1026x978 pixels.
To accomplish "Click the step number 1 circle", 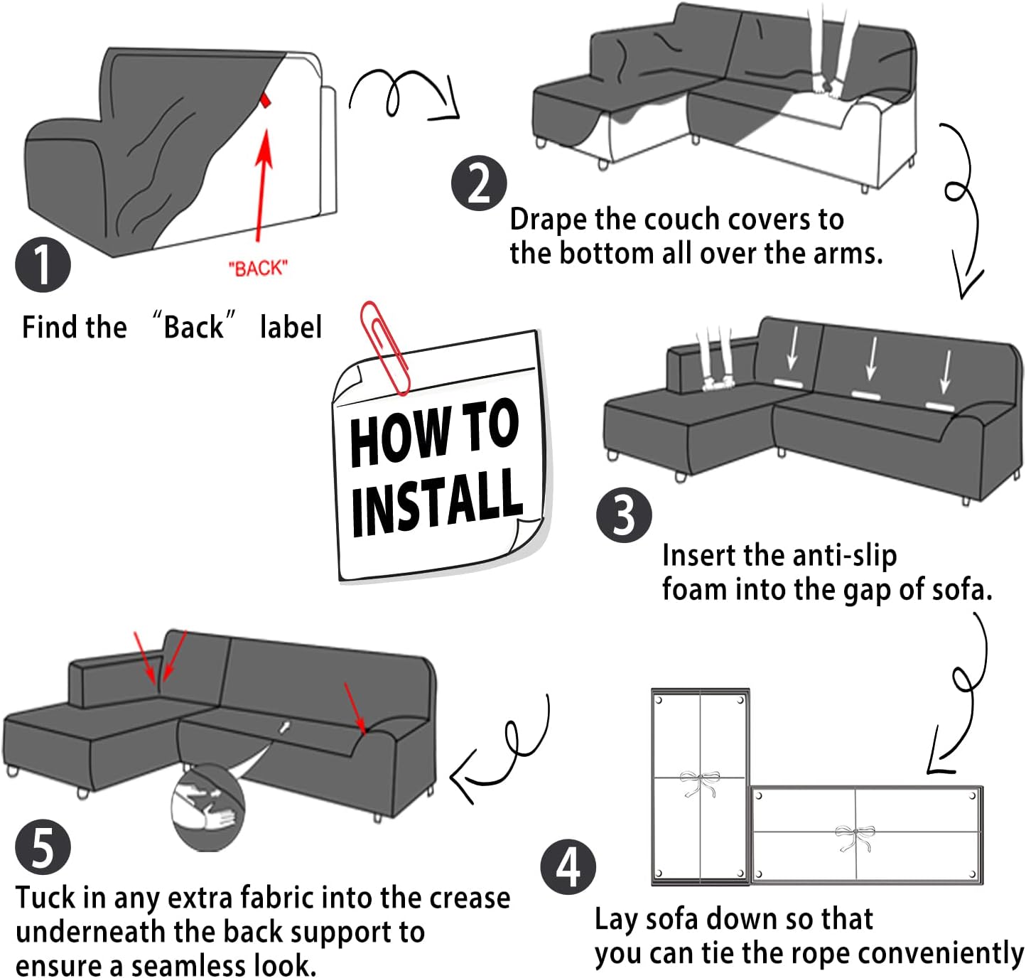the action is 43,264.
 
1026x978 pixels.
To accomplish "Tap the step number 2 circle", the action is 479,183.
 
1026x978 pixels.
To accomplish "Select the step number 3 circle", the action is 623,515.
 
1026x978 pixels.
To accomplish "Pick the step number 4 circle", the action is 568,867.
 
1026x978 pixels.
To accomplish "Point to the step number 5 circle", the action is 43,847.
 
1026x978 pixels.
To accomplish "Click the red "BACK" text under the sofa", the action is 258,269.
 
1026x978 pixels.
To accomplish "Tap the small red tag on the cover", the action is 266,100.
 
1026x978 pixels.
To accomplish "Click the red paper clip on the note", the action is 384,348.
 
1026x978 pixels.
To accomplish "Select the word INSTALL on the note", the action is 437,502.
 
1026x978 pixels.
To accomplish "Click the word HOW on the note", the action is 399,436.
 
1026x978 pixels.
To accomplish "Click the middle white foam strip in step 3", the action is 865,394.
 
